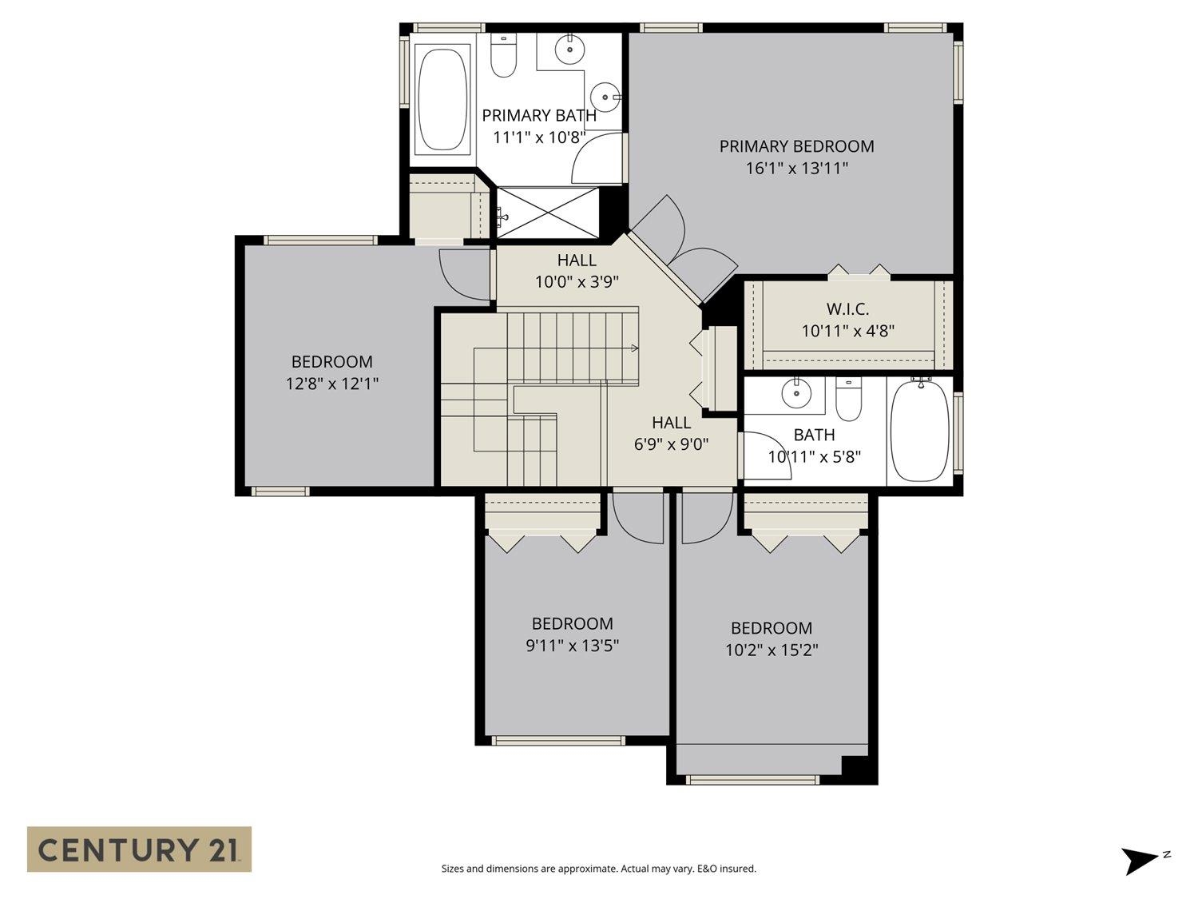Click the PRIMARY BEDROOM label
coord(796,146)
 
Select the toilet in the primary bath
coord(503,55)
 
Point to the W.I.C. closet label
coord(847,309)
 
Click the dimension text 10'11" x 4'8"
coord(847,331)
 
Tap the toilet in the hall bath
coord(848,399)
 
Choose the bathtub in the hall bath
coord(919,432)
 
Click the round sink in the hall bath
coord(796,393)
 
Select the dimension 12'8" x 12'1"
coord(331,384)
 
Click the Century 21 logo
coord(139,849)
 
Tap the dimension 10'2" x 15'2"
coord(772,650)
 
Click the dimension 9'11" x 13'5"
coord(572,646)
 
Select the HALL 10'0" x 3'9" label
coord(577,271)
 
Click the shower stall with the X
coord(547,213)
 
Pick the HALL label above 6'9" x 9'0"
coord(672,423)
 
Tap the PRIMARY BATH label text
coord(538,116)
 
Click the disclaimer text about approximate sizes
coord(599,869)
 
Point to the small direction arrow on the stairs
coord(634,348)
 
